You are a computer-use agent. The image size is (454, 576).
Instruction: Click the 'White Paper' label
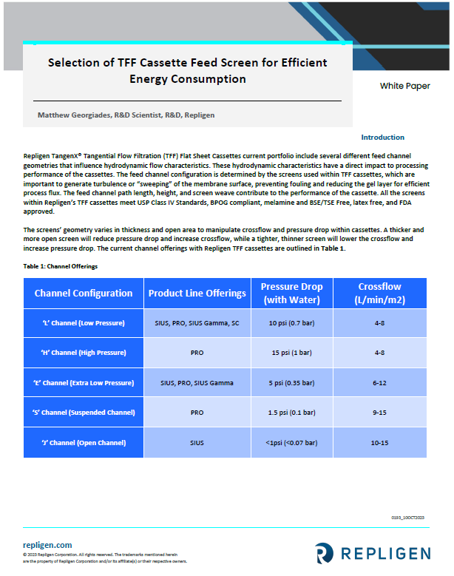click(404, 86)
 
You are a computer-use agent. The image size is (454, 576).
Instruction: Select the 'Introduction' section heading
click(382, 138)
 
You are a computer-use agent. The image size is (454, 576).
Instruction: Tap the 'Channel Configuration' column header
click(84, 293)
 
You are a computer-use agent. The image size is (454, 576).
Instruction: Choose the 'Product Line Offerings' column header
click(197, 293)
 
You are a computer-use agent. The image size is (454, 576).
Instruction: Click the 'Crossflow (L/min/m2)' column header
click(379, 293)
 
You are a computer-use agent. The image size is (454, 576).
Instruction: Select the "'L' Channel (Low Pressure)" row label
click(83, 323)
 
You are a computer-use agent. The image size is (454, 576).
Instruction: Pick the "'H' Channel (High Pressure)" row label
click(83, 353)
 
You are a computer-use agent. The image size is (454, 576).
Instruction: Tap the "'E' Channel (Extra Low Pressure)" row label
click(83, 382)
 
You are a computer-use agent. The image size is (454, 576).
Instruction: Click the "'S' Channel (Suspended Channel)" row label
click(83, 412)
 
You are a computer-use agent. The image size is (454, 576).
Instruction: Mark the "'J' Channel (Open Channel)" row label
click(83, 442)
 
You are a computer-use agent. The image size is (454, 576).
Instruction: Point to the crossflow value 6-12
click(379, 382)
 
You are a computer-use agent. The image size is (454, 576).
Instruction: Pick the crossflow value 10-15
click(379, 442)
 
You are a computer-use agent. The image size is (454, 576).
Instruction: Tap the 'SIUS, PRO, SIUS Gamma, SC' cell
click(197, 323)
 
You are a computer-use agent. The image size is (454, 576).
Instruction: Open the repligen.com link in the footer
click(47, 545)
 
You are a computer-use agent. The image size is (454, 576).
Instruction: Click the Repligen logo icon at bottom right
click(324, 552)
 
